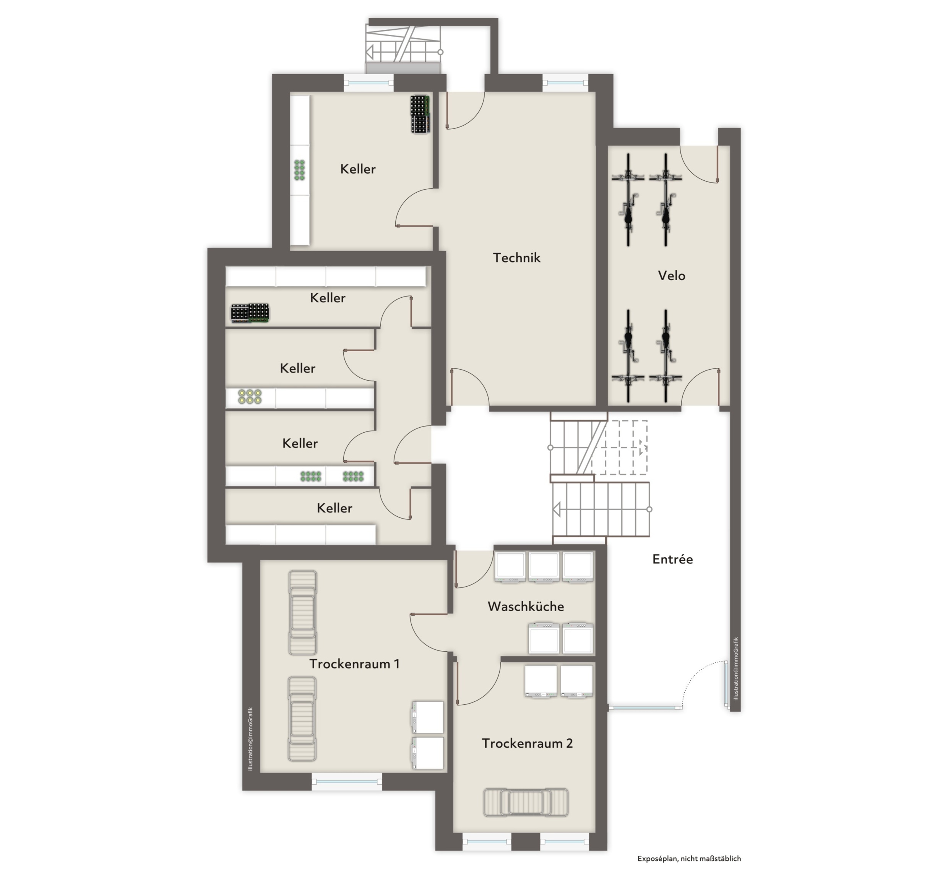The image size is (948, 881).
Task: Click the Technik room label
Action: pyautogui.click(x=517, y=258)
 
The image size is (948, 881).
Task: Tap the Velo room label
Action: pyautogui.click(x=671, y=276)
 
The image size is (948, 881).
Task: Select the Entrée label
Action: pyautogui.click(x=672, y=559)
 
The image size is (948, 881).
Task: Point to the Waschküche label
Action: pyautogui.click(x=526, y=607)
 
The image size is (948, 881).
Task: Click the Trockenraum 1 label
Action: pyautogui.click(x=354, y=664)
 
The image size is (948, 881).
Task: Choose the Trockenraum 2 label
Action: pyautogui.click(x=527, y=743)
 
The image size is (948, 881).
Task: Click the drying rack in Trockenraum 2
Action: pyautogui.click(x=526, y=803)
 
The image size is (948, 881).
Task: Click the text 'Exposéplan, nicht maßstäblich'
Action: pyautogui.click(x=689, y=858)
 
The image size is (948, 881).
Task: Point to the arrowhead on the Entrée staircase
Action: pyautogui.click(x=557, y=509)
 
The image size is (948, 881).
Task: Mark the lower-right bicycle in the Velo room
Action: pyautogui.click(x=665, y=355)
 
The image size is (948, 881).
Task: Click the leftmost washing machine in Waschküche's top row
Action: pyautogui.click(x=510, y=567)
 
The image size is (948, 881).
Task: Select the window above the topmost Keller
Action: pyautogui.click(x=368, y=83)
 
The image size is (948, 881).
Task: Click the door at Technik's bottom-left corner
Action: pyautogui.click(x=468, y=388)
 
